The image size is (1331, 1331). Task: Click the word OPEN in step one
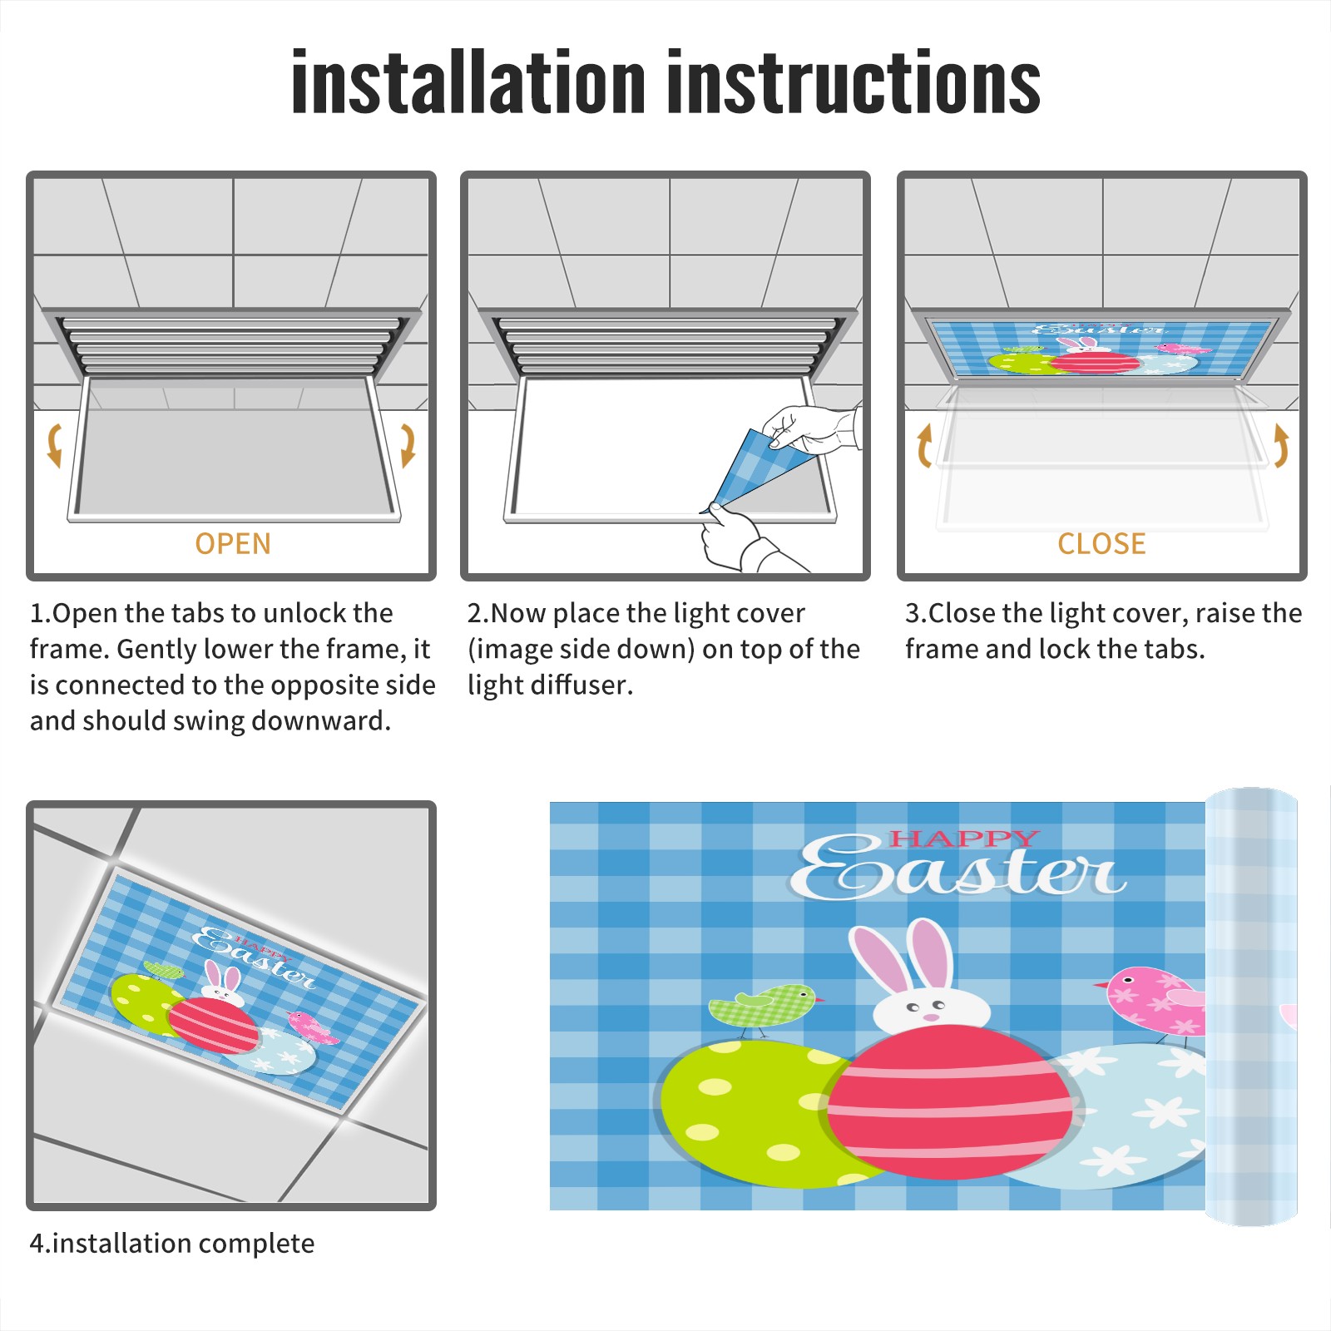point(233,543)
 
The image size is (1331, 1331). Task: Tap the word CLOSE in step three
point(1101,543)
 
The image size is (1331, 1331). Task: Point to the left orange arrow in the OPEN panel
point(54,445)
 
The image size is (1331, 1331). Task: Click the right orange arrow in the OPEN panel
point(408,445)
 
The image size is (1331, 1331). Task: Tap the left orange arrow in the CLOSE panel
point(923,445)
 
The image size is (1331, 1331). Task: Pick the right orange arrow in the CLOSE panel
point(1281,445)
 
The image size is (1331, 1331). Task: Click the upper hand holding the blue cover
point(811,429)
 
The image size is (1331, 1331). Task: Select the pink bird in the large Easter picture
point(1152,1002)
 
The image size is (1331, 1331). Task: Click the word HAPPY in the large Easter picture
point(965,839)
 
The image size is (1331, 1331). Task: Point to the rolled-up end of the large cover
point(1251,1007)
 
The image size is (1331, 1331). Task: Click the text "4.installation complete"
point(172,1244)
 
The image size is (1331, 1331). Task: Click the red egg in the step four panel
point(214,1024)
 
